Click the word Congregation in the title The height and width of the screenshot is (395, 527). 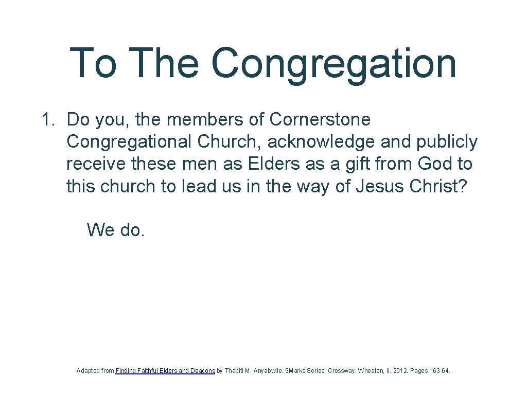click(333, 64)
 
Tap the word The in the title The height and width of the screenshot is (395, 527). click(168, 63)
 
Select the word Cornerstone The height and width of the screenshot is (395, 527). click(320, 120)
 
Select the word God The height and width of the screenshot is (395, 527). click(436, 164)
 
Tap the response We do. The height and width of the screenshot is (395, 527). click(116, 229)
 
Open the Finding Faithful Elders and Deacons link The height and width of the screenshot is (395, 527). click(165, 371)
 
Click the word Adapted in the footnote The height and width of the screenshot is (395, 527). click(88, 371)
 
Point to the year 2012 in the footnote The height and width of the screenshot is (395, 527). click(398, 371)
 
